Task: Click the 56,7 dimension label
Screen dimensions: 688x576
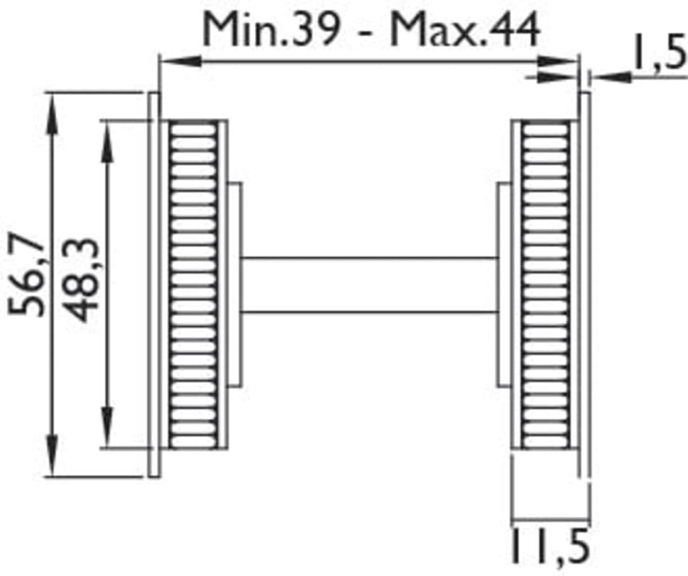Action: [x=27, y=276]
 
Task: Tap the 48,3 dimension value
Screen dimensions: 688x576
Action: [x=83, y=280]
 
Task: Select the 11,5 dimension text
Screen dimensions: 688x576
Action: [x=551, y=546]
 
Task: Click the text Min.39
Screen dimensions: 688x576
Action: [x=271, y=30]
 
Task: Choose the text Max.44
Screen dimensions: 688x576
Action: [x=465, y=30]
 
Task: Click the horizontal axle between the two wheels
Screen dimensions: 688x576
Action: [x=369, y=285]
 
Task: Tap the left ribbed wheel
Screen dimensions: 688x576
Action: [x=194, y=284]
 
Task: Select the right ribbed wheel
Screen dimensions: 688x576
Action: [x=546, y=284]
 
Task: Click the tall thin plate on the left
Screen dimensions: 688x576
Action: [x=154, y=284]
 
